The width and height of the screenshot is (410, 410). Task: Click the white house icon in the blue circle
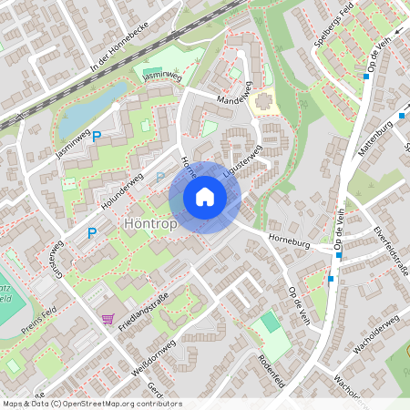tap(205, 197)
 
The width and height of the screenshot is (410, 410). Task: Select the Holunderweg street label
tap(122, 196)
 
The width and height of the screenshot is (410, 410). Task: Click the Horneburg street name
tap(289, 243)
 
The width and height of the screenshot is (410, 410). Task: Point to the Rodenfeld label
tap(272, 369)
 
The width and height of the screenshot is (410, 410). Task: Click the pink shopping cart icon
tap(108, 318)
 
